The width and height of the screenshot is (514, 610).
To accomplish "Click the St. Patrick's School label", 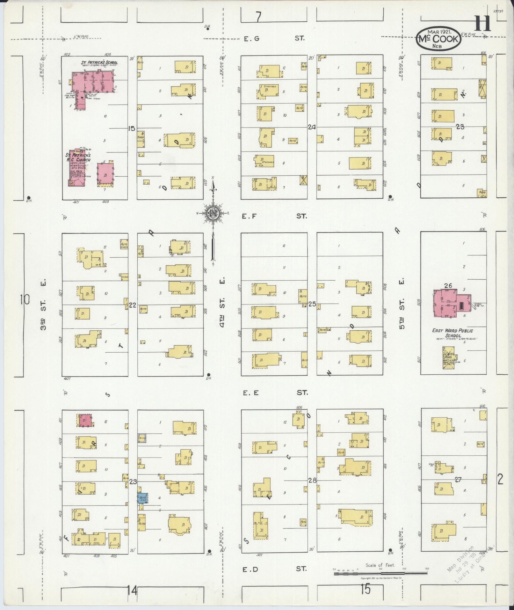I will point(99,62).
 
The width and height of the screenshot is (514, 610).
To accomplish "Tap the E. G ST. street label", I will point(274,39).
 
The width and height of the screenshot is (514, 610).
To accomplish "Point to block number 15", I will point(131,129).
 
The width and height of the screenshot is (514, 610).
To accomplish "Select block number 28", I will point(312,481).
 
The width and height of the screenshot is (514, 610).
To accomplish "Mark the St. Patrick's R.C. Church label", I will point(78,158).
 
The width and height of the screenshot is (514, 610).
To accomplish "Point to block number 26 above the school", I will point(448,286).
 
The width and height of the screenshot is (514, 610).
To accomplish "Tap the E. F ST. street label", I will point(274,216).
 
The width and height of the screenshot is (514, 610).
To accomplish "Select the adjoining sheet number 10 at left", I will point(24,300).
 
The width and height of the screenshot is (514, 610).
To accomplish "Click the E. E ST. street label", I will point(274,393).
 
